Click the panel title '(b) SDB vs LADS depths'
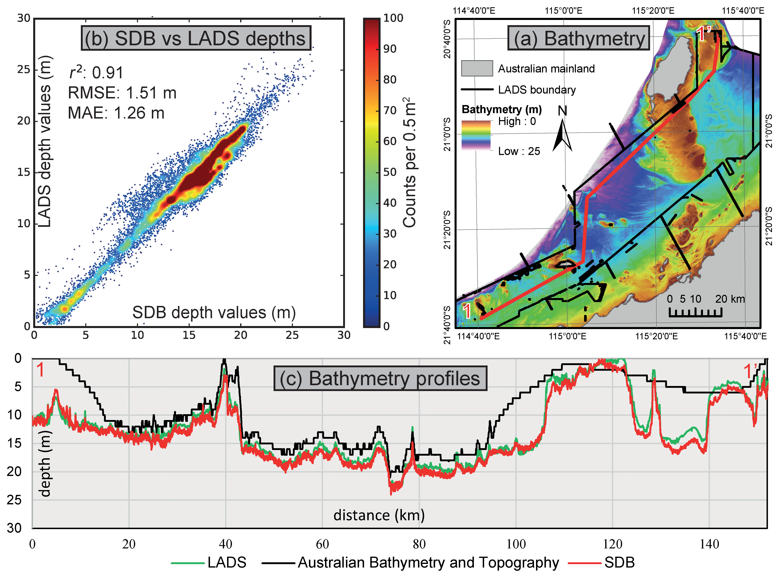196,38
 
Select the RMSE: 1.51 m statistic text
122,93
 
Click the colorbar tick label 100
393,18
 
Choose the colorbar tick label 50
390,172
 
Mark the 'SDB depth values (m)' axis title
214,312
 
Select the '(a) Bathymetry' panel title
579,38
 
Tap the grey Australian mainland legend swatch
477,68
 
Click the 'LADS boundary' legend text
537,90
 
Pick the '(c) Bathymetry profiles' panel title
380,379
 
